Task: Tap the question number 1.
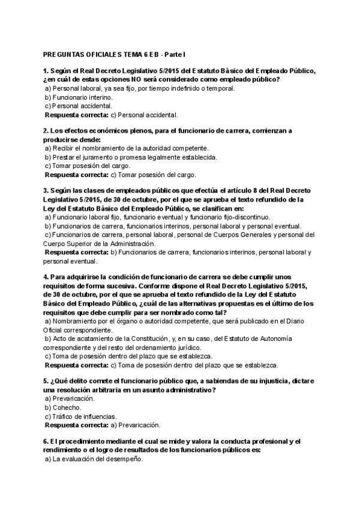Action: pyautogui.click(x=46, y=71)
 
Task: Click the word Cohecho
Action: pyautogui.click(x=66, y=408)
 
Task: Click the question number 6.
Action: pyautogui.click(x=46, y=442)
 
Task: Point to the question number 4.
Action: pyautogui.click(x=46, y=277)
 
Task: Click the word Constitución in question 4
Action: pyautogui.click(x=171, y=339)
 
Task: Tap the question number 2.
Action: pyautogui.click(x=46, y=130)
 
